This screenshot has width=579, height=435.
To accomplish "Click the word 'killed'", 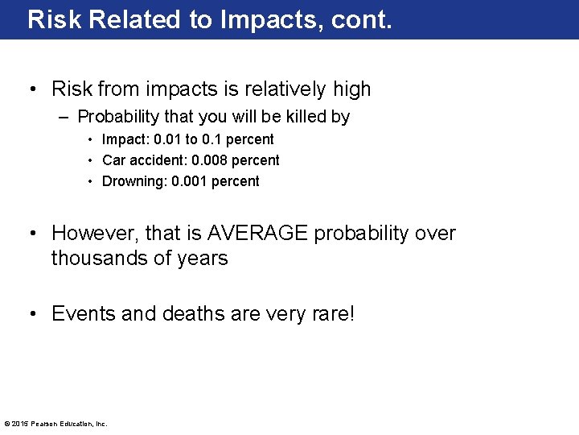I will point(304,117).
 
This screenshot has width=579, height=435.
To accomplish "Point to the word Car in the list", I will point(113,160).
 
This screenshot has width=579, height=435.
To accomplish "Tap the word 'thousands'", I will point(103,259).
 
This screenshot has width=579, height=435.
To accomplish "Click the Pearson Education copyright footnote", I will point(55,424).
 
